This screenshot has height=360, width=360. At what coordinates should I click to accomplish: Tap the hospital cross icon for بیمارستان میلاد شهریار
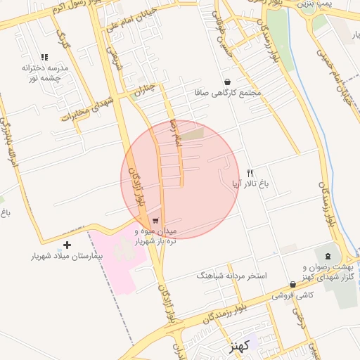(67, 245)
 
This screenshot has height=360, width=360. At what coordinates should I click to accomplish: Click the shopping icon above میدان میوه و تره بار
(155, 219)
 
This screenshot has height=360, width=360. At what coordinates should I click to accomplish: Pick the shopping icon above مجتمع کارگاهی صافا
(226, 81)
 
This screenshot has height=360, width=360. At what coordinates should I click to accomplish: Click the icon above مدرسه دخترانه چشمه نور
(44, 57)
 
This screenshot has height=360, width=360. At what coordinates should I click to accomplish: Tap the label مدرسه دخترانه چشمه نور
(44, 72)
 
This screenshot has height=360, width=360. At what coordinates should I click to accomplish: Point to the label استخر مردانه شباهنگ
(232, 276)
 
